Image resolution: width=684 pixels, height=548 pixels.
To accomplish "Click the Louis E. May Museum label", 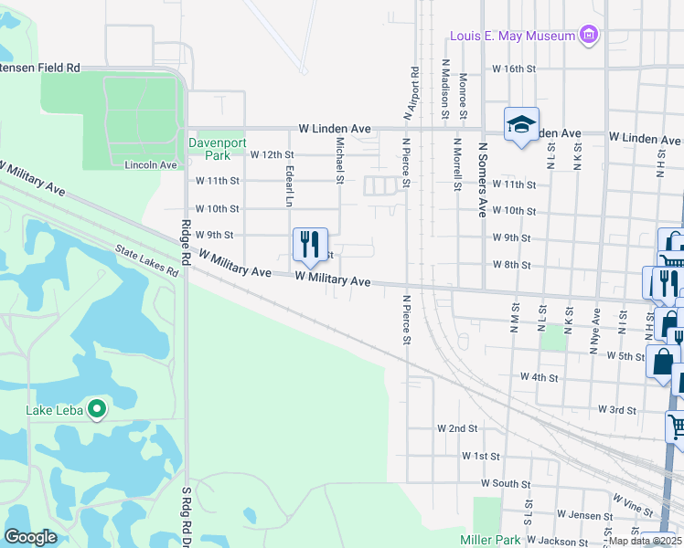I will (511, 37).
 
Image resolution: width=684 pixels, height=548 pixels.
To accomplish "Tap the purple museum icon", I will (590, 36).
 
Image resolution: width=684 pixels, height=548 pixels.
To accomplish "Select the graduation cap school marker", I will (521, 124).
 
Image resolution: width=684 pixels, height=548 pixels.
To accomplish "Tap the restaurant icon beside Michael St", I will (310, 244).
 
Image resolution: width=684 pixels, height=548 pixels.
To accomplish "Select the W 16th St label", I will (513, 68).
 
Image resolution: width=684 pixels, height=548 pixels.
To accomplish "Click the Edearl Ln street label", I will (288, 185).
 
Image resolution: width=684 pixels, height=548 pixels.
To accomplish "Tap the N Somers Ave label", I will (481, 179).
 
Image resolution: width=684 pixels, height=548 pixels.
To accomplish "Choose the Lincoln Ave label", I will (150, 165).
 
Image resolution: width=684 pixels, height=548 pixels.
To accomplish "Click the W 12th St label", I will (272, 155).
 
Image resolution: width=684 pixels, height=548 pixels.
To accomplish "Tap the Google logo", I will (31, 537).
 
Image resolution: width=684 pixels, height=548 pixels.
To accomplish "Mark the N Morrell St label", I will (457, 164).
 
